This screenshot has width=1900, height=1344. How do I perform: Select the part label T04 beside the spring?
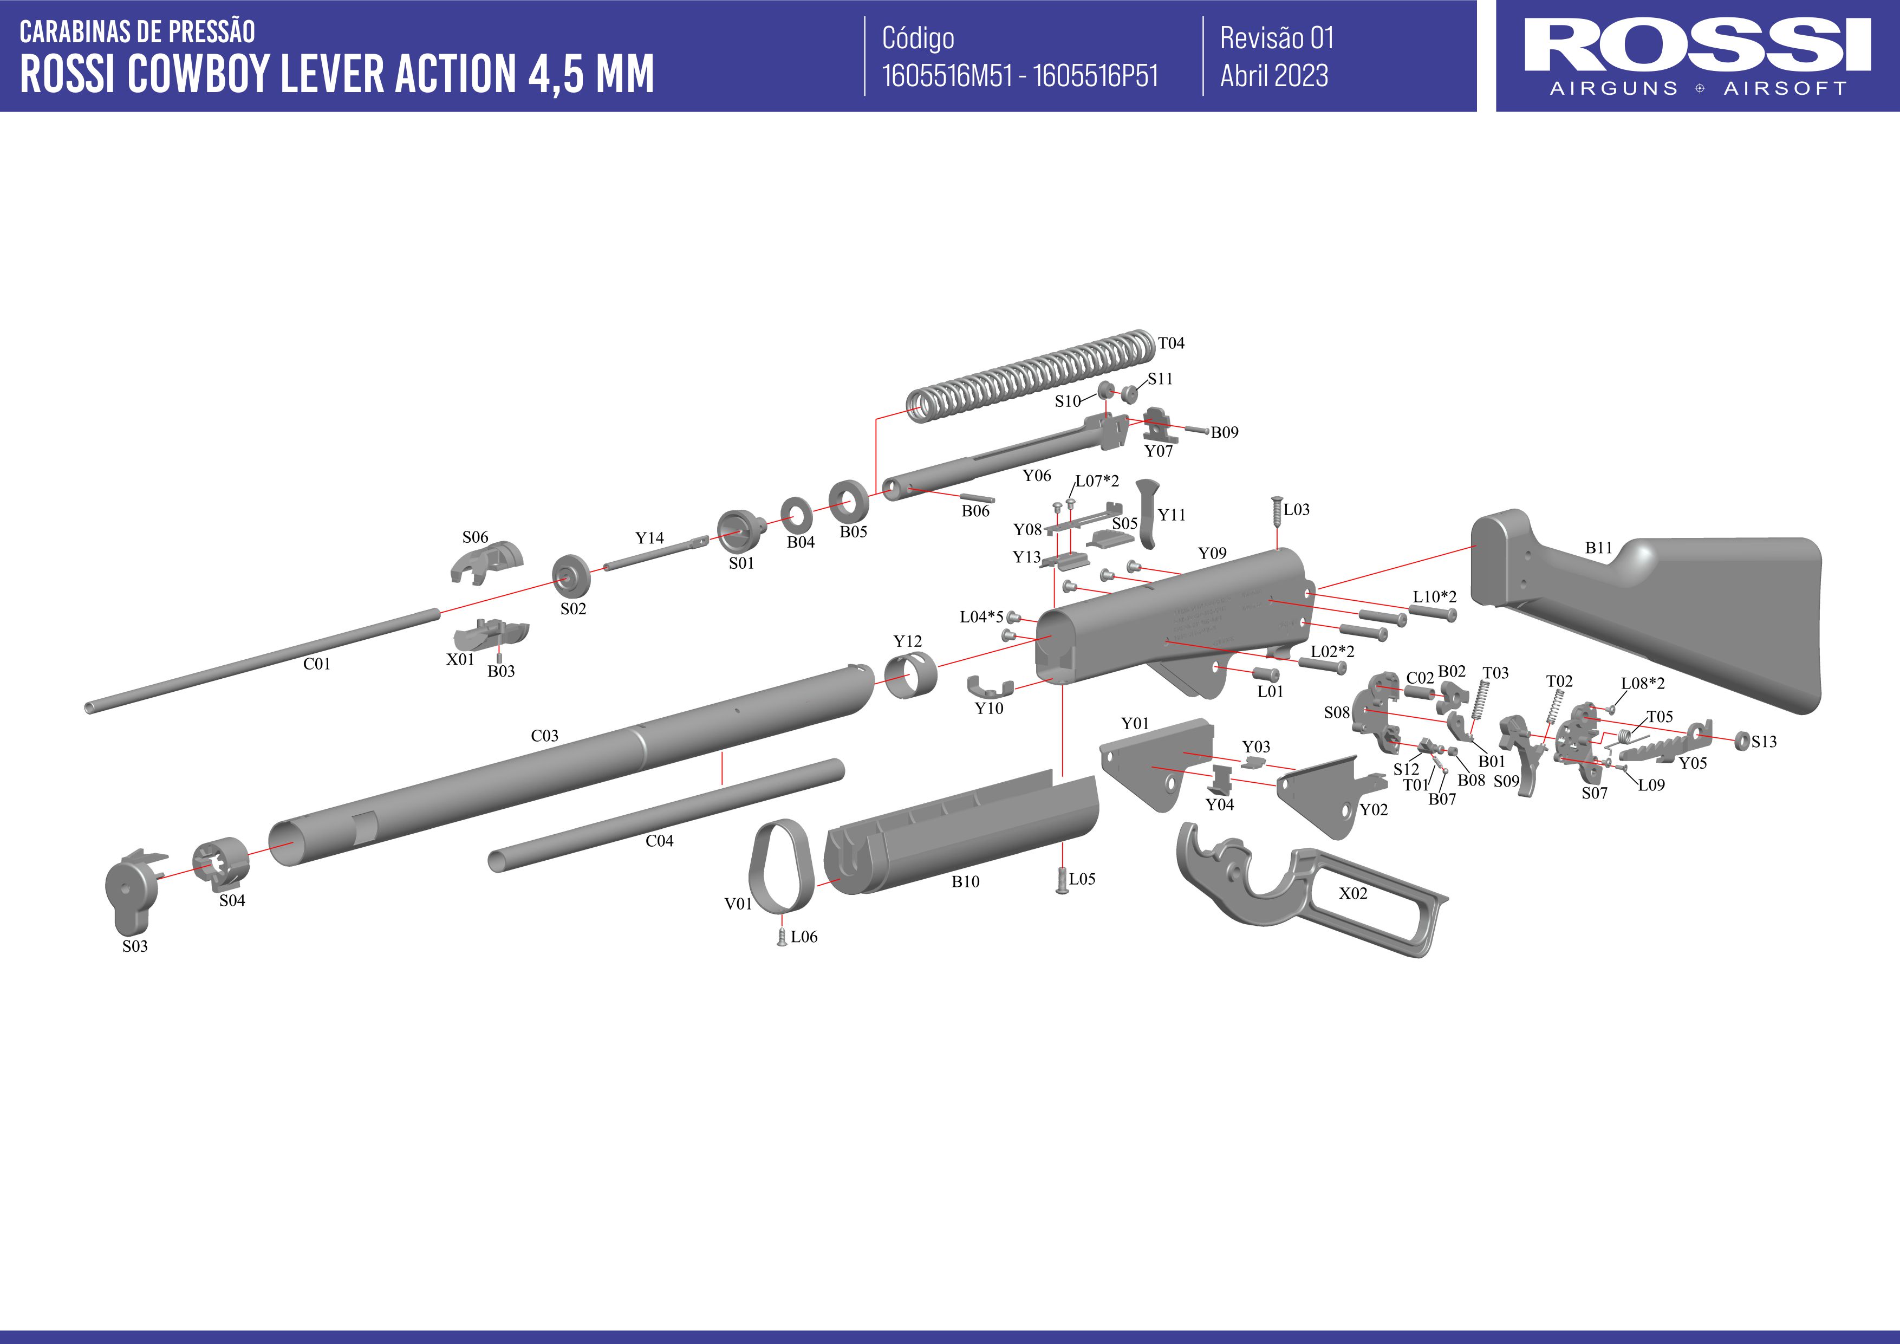[1171, 342]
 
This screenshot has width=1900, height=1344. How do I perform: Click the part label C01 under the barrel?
[316, 664]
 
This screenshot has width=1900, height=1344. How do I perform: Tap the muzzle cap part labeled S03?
[131, 889]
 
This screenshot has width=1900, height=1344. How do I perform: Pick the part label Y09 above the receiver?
[1212, 553]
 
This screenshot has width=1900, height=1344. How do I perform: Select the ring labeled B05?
[848, 500]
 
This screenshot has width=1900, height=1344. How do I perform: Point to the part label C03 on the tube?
[544, 736]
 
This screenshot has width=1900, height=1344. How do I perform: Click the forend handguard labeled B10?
[960, 836]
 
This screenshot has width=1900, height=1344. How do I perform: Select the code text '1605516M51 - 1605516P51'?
[1019, 76]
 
